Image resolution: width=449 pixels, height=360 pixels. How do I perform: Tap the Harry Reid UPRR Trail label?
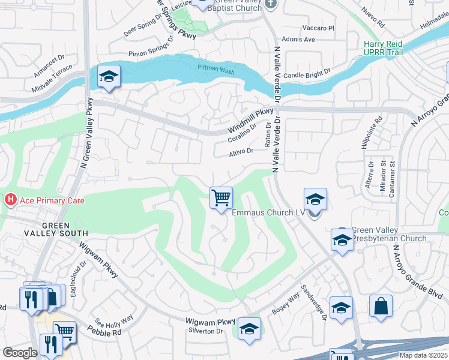(391, 49)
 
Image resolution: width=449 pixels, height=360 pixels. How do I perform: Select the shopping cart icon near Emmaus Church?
(221, 197)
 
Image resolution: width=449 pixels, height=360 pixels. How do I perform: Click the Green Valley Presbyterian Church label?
(388, 234)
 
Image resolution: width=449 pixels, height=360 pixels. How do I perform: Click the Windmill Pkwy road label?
(250, 122)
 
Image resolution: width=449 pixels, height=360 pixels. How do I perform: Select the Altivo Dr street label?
(241, 152)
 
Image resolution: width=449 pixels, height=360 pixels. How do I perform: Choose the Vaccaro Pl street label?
(318, 28)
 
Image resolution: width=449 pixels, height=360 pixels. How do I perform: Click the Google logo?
(20, 353)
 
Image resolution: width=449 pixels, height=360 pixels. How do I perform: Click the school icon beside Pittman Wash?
(109, 77)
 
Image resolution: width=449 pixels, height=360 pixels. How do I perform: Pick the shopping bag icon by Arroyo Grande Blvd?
(381, 306)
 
